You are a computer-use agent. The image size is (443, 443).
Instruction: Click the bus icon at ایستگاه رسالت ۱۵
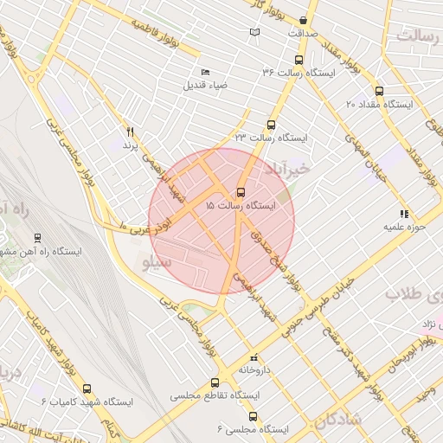[240, 193]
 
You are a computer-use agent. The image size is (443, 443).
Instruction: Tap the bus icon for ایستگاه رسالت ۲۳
[272, 125]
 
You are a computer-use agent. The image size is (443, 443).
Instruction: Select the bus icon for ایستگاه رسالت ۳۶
[299, 61]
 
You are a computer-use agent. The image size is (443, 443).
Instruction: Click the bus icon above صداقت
[303, 20]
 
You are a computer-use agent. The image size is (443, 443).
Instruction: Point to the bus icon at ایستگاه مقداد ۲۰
[379, 91]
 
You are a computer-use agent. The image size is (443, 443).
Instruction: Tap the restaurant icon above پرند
[131, 132]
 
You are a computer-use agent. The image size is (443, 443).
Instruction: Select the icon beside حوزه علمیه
[403, 213]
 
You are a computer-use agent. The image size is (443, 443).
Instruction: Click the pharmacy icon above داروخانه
[254, 356]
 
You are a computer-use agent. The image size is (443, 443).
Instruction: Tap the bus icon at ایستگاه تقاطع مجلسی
[215, 382]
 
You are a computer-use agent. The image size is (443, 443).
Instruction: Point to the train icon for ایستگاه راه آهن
[37, 237]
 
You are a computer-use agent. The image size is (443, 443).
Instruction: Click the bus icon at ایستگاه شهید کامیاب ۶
[85, 388]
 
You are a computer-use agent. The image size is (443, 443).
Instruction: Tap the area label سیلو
[156, 260]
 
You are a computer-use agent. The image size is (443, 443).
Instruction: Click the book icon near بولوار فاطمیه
[254, 33]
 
